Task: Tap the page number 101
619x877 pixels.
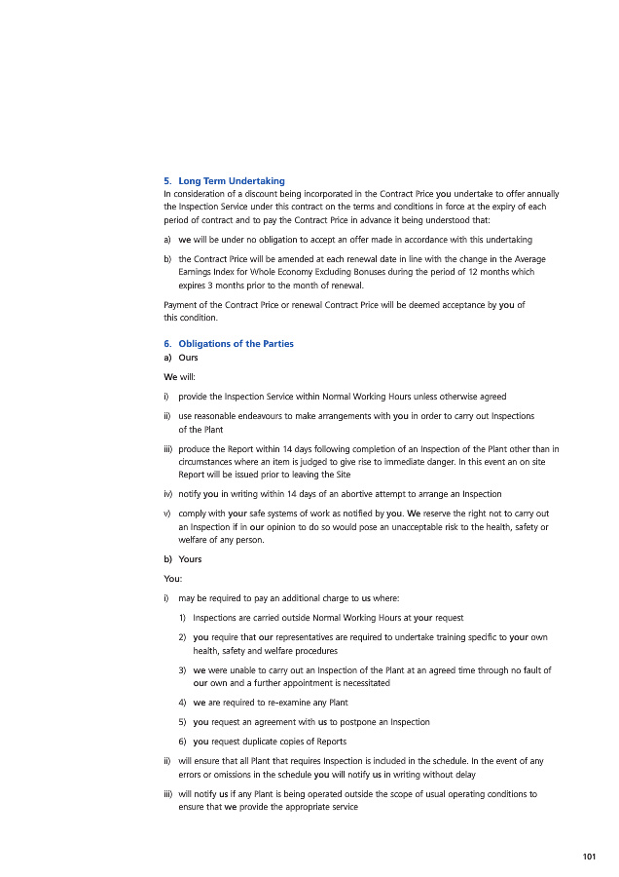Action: [x=588, y=857]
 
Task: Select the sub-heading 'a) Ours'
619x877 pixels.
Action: [x=181, y=358]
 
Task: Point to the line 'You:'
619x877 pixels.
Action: [x=173, y=578]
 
